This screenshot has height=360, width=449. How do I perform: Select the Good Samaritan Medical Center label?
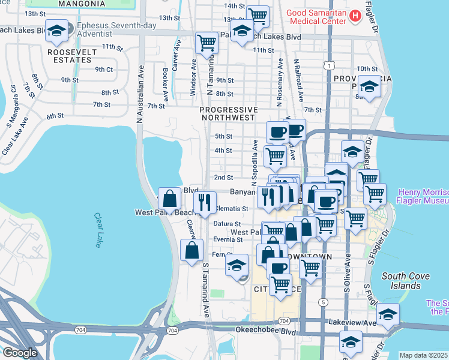316,16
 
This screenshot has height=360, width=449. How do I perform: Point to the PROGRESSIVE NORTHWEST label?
228,114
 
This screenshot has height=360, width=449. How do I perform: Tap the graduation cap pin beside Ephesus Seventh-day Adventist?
56,32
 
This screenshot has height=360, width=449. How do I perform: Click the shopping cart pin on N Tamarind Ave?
207,43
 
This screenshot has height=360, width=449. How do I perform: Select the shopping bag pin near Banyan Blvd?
170,199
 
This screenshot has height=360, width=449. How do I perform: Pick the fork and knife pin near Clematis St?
205,203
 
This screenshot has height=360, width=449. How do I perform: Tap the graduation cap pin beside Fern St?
237,265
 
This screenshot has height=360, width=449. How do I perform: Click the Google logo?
20,352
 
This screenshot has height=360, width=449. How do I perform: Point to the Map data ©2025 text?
423,355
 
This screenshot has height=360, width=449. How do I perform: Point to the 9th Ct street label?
104,69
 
